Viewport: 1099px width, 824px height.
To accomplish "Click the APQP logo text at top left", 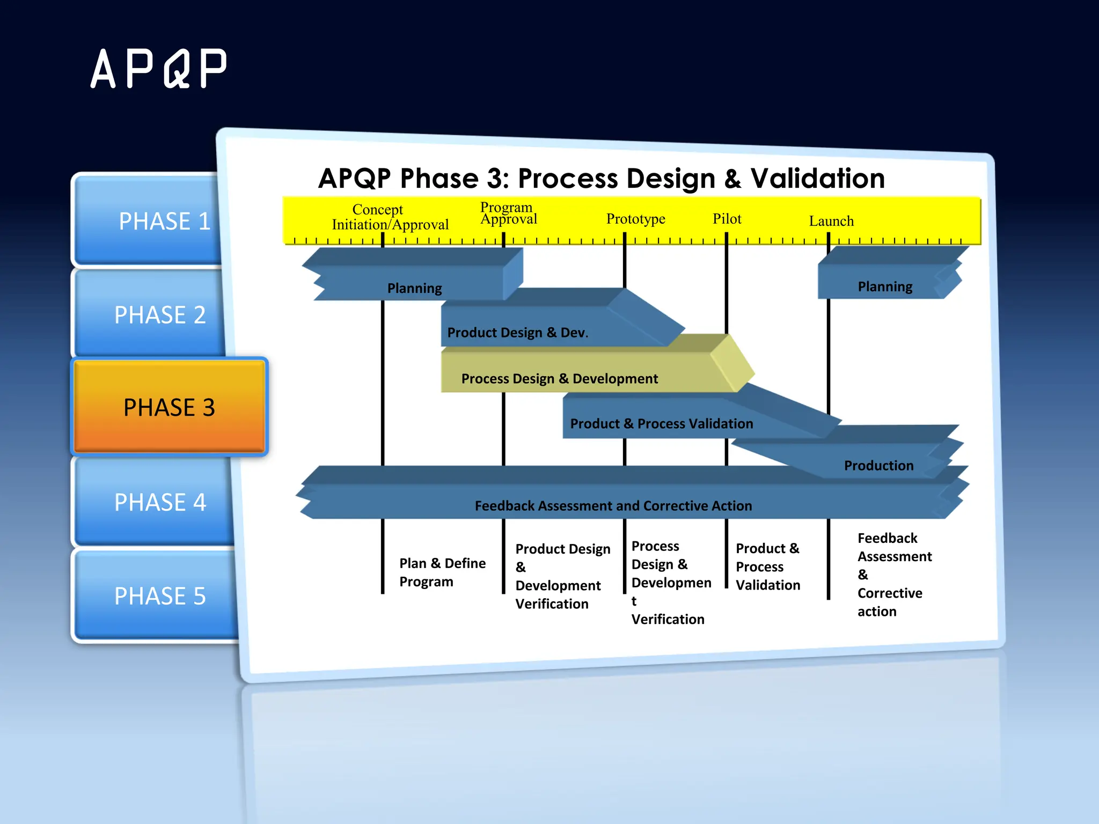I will (x=159, y=69).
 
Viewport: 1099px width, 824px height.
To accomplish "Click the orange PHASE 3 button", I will (x=169, y=407).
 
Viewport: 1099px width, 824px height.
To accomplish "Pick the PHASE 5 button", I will (x=160, y=596).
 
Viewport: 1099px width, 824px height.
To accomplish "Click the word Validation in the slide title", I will (x=817, y=179).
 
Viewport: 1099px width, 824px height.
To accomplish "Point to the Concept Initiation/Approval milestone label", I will (x=390, y=217).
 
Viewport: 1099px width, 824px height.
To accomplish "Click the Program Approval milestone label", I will (x=508, y=214).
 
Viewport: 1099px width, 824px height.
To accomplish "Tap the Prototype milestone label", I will (x=635, y=219).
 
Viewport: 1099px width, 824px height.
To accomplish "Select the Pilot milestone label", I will (x=727, y=219).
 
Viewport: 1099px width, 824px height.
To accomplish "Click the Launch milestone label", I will (x=831, y=221).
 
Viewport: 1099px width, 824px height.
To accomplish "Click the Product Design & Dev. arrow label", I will (x=517, y=333).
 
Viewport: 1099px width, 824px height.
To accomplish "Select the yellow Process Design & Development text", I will (x=559, y=379).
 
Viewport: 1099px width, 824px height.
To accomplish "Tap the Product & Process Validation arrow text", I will (x=661, y=424).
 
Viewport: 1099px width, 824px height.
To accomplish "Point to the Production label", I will (x=878, y=466).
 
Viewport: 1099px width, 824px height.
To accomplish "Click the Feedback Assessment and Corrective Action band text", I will (x=613, y=506).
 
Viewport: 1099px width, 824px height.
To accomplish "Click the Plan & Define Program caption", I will (x=442, y=572).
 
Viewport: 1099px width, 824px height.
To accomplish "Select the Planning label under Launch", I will (x=885, y=287).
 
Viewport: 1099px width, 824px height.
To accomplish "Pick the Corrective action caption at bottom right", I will (x=889, y=602).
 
